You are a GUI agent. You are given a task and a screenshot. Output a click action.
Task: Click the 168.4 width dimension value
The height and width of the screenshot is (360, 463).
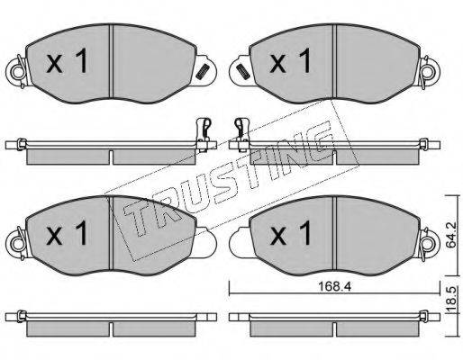[x=334, y=287]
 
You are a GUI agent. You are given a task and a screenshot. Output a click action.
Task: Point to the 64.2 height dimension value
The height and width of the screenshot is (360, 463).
[x=450, y=235]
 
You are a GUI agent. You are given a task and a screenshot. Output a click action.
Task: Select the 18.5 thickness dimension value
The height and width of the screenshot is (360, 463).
[x=450, y=299]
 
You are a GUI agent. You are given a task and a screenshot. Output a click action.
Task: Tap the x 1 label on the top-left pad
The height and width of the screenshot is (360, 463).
[x=67, y=61]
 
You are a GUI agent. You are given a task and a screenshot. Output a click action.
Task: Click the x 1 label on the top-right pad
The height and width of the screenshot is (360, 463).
[x=290, y=60]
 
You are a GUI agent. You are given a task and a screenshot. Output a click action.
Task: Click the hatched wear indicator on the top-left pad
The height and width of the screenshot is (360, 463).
[x=202, y=71]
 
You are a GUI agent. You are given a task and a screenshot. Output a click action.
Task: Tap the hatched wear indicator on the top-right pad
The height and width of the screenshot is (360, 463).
[x=242, y=71]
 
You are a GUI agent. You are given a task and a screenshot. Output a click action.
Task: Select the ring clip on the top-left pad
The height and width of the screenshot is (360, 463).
[x=17, y=71]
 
